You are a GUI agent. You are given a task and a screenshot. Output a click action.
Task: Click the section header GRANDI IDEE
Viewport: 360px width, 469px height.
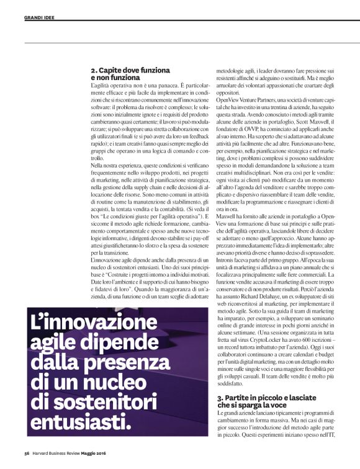pyautogui.click(x=42, y=17)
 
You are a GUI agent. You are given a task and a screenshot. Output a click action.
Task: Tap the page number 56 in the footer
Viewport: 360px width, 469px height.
pyautogui.click(x=27, y=461)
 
